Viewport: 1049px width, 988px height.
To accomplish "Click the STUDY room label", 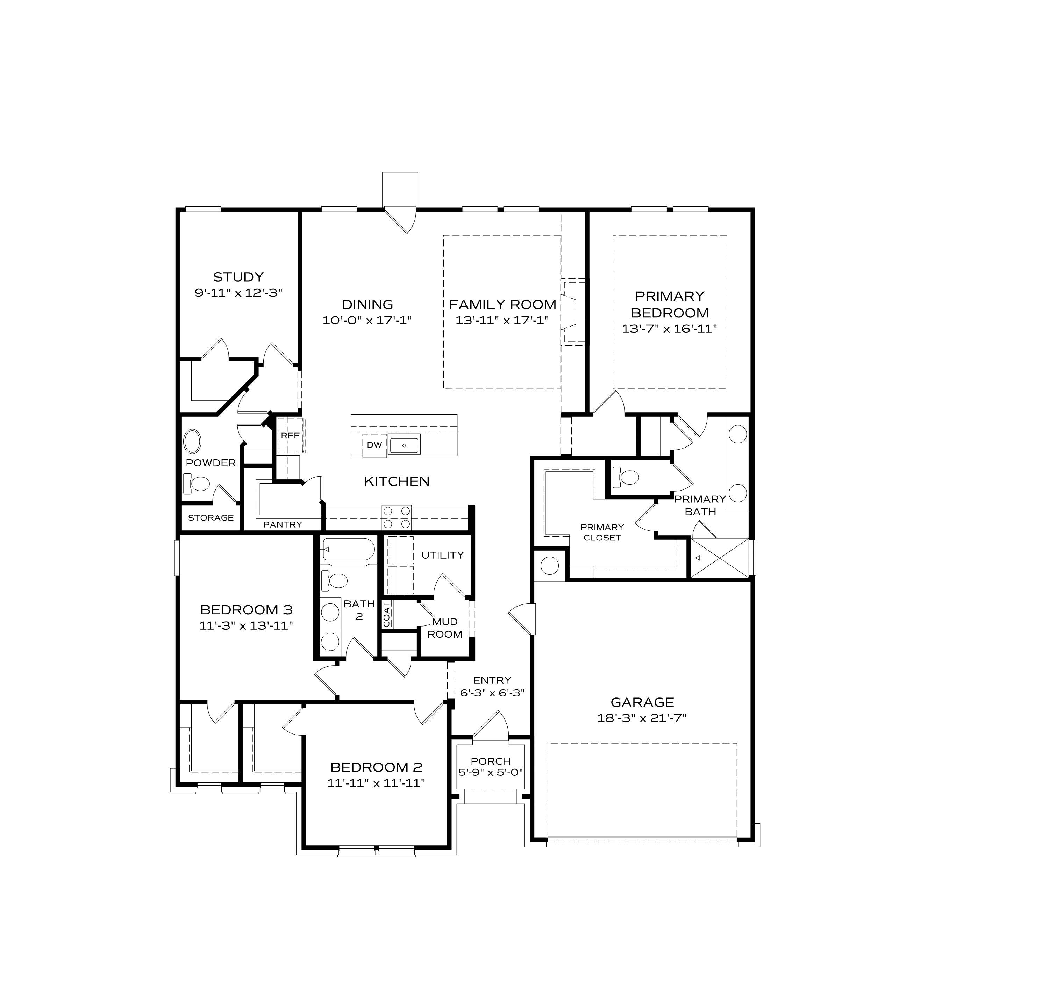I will point(238,277).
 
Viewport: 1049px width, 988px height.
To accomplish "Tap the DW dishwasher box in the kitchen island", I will point(374,445).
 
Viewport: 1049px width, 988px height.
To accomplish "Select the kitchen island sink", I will point(404,445).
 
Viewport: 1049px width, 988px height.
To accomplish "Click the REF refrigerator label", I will point(290,436).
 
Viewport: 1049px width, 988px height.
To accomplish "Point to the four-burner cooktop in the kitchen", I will point(397,517).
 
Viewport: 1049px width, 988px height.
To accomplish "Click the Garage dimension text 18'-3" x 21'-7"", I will point(642,718).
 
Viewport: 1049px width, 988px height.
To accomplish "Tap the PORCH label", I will point(491,761).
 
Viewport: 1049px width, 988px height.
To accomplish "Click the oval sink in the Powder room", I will point(192,442).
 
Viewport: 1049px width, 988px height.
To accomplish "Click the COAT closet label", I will point(386,615).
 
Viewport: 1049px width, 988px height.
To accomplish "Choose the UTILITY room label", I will point(442,555).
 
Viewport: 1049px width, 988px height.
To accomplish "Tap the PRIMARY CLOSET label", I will point(602,532).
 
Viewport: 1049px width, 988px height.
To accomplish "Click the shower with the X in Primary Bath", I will point(720,558).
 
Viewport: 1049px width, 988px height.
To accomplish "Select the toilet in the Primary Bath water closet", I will point(626,477).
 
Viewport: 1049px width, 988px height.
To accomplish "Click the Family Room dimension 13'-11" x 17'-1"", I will point(502,320).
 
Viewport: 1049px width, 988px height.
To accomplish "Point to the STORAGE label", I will point(210,517).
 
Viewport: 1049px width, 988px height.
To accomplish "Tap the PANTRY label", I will point(282,524).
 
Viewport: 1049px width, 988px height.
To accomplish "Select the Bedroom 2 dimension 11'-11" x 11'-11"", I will point(376,783).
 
